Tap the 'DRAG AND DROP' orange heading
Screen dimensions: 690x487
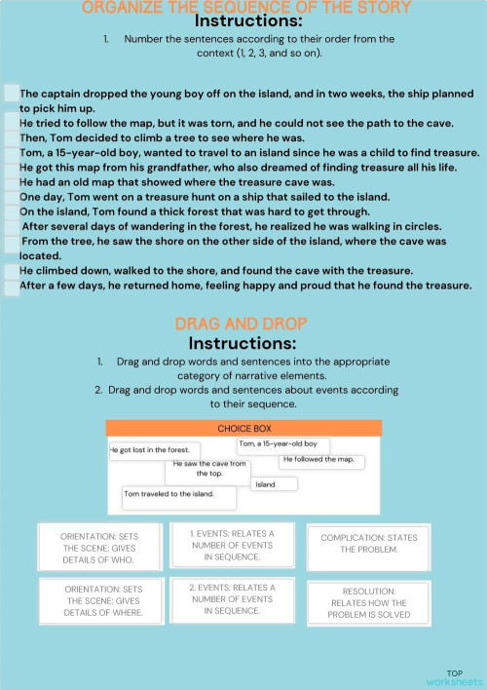click(x=242, y=324)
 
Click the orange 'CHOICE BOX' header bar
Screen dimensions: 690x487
click(x=243, y=428)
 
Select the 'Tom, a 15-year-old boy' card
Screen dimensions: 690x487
click(x=282, y=445)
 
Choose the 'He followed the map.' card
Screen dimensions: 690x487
click(x=322, y=460)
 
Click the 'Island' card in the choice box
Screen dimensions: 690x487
click(x=275, y=483)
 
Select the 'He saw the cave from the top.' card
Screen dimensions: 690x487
click(x=209, y=470)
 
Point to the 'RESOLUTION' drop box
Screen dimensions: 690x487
click(x=368, y=602)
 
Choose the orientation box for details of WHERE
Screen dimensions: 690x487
click(x=103, y=600)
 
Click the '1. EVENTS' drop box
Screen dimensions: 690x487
click(x=232, y=545)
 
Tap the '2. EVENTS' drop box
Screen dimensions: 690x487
click(x=232, y=599)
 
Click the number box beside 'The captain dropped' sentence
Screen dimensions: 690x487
click(x=11, y=93)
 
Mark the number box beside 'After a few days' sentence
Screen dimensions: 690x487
click(x=11, y=287)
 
